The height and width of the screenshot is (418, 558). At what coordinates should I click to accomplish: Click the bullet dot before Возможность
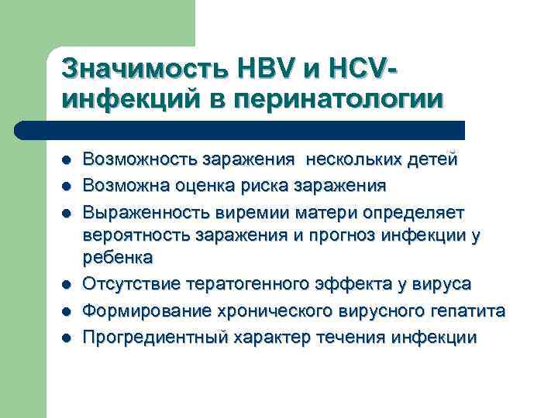(x=67, y=160)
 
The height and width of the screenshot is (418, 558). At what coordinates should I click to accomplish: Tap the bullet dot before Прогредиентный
(x=67, y=337)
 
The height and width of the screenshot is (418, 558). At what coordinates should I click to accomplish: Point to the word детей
(x=431, y=159)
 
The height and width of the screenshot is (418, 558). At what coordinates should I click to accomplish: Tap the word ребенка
(x=118, y=257)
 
